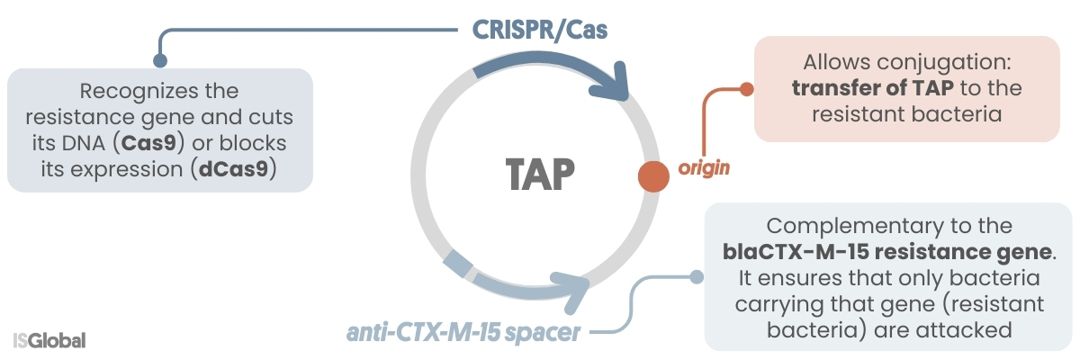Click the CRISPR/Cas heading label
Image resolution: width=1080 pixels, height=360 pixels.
point(540,31)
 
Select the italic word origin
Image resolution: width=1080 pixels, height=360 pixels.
point(703,167)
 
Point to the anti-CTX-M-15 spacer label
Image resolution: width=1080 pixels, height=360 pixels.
point(463,334)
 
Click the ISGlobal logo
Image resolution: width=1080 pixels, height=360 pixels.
point(49,341)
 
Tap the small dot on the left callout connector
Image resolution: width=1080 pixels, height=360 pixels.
point(160,61)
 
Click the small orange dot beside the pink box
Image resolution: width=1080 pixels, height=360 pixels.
point(745,89)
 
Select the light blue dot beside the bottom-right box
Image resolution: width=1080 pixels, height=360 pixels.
point(696,277)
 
